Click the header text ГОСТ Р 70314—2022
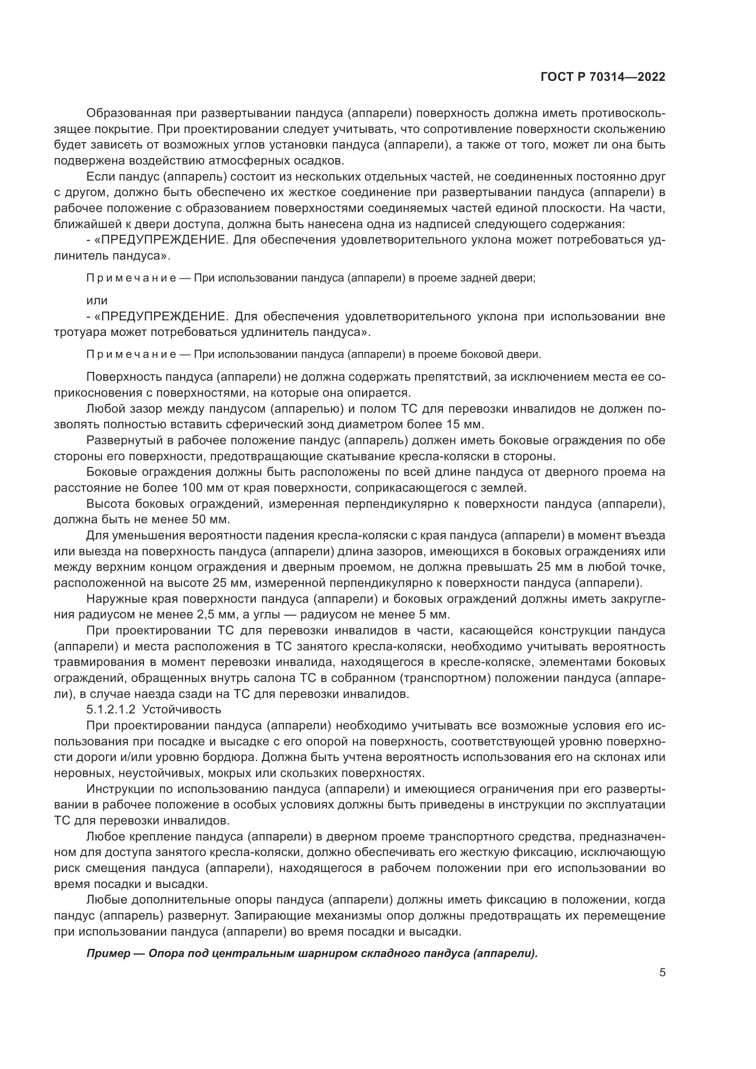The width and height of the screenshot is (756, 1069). coord(602,77)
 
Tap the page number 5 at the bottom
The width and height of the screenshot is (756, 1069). coord(662,973)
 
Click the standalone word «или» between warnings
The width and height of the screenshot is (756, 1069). coord(97,301)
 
